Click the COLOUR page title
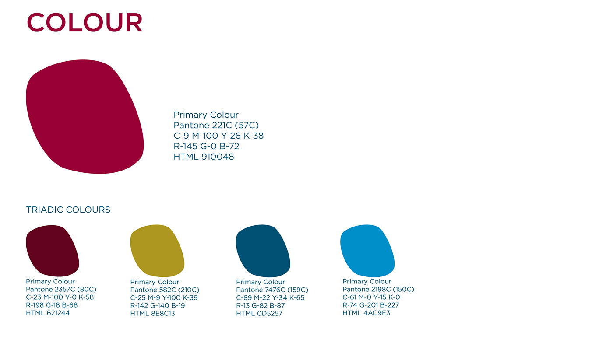point(85,22)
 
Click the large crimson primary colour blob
point(85,117)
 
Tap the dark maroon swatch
point(53,251)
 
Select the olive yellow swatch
point(157,251)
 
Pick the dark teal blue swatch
point(263,251)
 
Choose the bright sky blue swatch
point(367,251)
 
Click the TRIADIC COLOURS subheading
point(68,210)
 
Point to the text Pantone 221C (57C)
point(216,125)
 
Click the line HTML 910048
point(204,157)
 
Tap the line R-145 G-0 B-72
point(206,146)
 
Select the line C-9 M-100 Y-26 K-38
point(218,136)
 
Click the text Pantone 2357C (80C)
point(61,289)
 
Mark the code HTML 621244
point(48,313)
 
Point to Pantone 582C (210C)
point(165,290)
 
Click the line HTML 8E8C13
point(153,313)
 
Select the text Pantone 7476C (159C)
point(272,290)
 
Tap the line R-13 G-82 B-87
point(261,305)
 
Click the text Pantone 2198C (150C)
point(378,289)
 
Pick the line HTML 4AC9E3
point(366,313)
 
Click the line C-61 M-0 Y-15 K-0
point(371,297)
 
